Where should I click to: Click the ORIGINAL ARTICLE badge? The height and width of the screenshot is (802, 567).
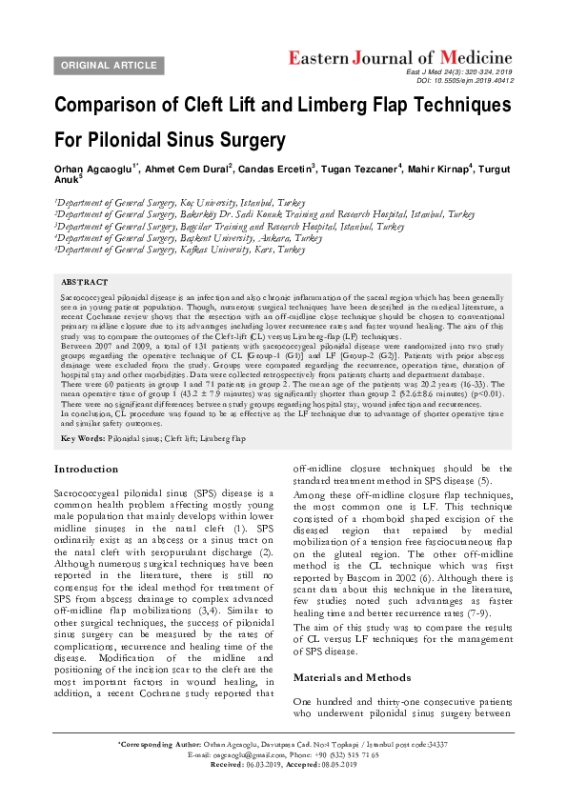(110, 65)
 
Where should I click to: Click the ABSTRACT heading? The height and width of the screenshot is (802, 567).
(84, 283)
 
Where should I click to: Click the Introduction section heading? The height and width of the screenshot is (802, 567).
(87, 470)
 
